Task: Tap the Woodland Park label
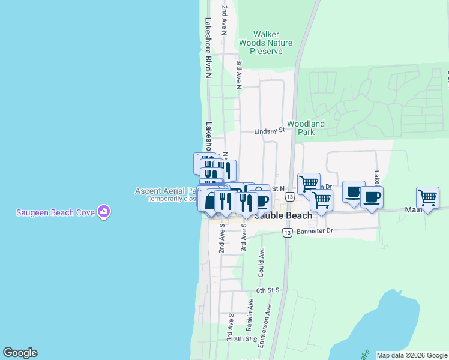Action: (306, 128)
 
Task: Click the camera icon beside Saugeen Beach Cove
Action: (104, 211)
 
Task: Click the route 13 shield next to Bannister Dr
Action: (288, 233)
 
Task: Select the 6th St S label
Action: (268, 290)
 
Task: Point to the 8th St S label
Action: (237, 339)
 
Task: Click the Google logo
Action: (20, 353)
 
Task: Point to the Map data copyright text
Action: (412, 355)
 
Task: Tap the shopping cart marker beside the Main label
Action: (427, 198)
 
